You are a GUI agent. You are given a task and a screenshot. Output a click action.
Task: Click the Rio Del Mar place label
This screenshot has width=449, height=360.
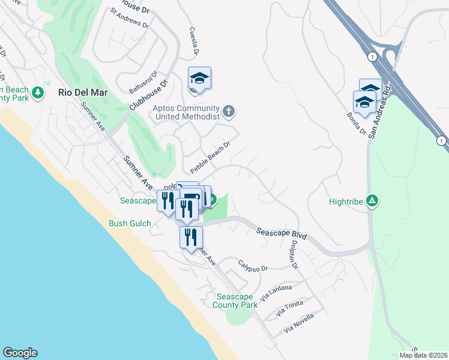[83, 93]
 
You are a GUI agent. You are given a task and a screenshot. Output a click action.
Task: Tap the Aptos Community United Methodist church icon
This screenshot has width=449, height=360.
[228, 110]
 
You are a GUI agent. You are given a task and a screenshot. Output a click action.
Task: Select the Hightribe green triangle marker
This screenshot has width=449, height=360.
[373, 202]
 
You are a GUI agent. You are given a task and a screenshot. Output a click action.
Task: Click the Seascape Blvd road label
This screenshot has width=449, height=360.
[282, 234]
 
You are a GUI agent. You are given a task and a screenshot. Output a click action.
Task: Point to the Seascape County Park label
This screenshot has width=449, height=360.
[237, 301]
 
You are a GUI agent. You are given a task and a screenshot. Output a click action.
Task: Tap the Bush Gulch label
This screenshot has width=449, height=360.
[130, 224]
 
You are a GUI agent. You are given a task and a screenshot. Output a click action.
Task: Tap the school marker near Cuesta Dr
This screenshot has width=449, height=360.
[200, 79]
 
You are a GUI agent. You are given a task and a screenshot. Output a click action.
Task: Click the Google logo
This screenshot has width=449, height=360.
[20, 353]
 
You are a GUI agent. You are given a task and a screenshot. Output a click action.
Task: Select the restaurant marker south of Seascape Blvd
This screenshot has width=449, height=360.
[191, 236]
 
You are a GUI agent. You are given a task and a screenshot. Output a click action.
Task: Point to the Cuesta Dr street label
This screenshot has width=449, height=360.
[194, 41]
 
